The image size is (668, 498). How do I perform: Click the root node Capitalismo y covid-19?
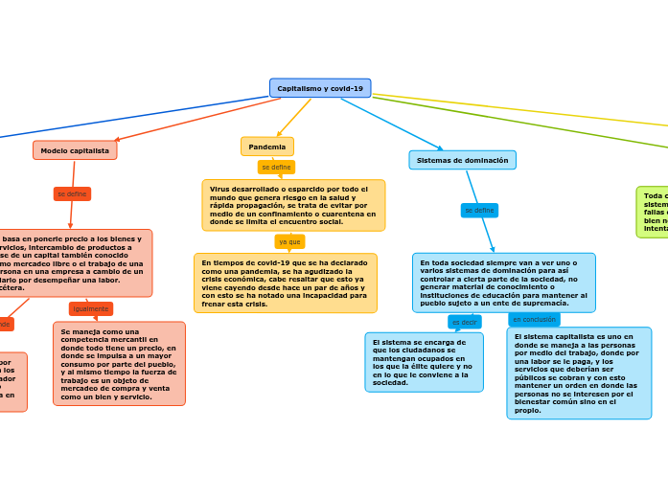click(x=320, y=88)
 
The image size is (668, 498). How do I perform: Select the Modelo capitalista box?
click(x=75, y=150)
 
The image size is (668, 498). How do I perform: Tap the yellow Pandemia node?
click(x=267, y=147)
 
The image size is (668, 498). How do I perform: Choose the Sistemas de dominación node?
click(x=462, y=160)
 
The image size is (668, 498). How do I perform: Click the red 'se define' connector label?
click(x=72, y=193)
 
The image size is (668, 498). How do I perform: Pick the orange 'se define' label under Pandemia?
click(x=276, y=167)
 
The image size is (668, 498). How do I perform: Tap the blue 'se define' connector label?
click(x=479, y=210)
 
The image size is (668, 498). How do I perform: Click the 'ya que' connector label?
click(x=289, y=241)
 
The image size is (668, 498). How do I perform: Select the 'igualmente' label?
click(x=91, y=308)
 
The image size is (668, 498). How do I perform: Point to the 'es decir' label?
click(x=464, y=322)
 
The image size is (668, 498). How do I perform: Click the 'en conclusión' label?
click(x=534, y=319)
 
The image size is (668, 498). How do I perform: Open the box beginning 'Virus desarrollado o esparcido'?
click(x=293, y=205)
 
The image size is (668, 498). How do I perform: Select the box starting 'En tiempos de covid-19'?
click(x=285, y=283)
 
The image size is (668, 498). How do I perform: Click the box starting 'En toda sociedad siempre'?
click(x=503, y=283)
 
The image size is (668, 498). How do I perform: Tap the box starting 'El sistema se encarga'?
click(x=424, y=362)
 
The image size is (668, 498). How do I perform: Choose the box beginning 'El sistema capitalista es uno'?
click(x=579, y=373)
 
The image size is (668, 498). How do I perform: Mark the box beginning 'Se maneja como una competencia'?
click(x=119, y=363)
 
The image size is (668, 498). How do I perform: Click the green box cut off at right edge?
click(x=653, y=212)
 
